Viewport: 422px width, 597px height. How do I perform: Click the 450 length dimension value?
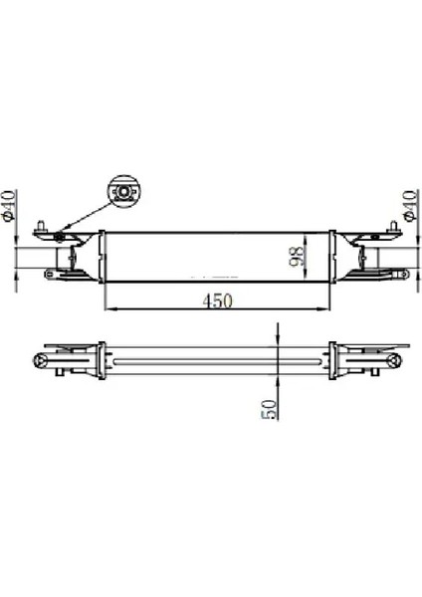click(x=213, y=299)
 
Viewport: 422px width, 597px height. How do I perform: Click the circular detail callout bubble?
click(x=124, y=191)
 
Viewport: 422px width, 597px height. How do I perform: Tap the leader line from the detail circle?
click(x=90, y=213)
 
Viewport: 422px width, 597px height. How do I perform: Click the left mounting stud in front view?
click(x=42, y=225)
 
